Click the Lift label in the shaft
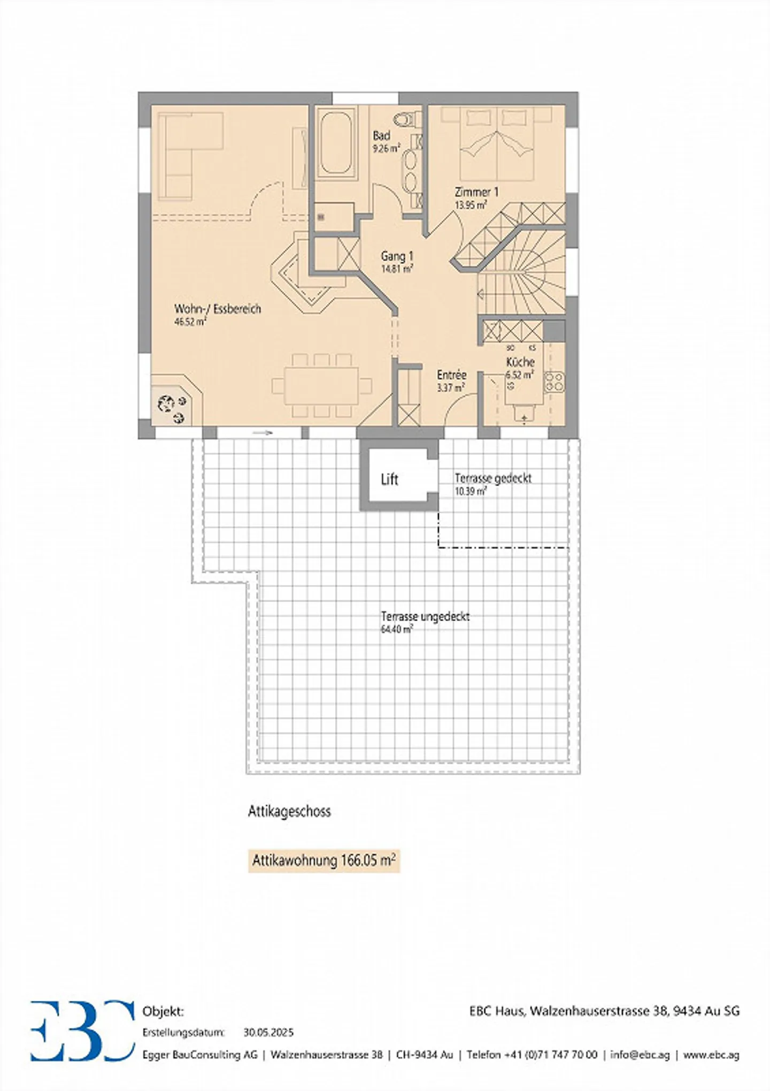[x=389, y=479]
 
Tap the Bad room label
[x=381, y=136]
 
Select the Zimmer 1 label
[x=476, y=192]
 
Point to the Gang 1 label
[x=397, y=256]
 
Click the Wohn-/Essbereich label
[x=218, y=309]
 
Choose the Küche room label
[x=520, y=362]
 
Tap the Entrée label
[x=452, y=375]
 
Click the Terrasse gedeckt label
[x=493, y=478]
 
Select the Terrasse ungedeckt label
[x=425, y=616]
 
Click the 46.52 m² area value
[x=190, y=322]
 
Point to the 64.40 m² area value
[x=396, y=629]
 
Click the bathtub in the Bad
[x=336, y=142]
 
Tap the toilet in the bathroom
[x=408, y=119]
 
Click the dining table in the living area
[x=321, y=386]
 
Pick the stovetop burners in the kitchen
[x=554, y=381]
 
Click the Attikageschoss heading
[x=289, y=811]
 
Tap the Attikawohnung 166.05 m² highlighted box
[x=324, y=860]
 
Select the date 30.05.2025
[x=268, y=1032]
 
